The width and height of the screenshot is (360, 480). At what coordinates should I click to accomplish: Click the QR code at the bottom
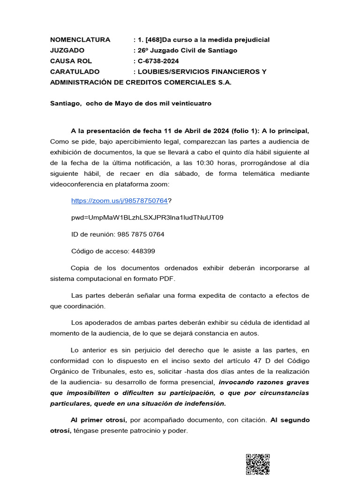(x=257, y=465)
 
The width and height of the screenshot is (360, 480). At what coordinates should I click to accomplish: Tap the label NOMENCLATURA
(x=80, y=39)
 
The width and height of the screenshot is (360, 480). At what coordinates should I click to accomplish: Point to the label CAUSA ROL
(x=71, y=61)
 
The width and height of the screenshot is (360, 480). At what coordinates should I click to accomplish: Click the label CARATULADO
(x=75, y=72)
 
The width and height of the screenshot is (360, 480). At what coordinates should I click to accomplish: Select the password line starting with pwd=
(x=147, y=217)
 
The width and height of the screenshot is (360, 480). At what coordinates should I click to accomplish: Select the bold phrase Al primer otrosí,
(x=97, y=420)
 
